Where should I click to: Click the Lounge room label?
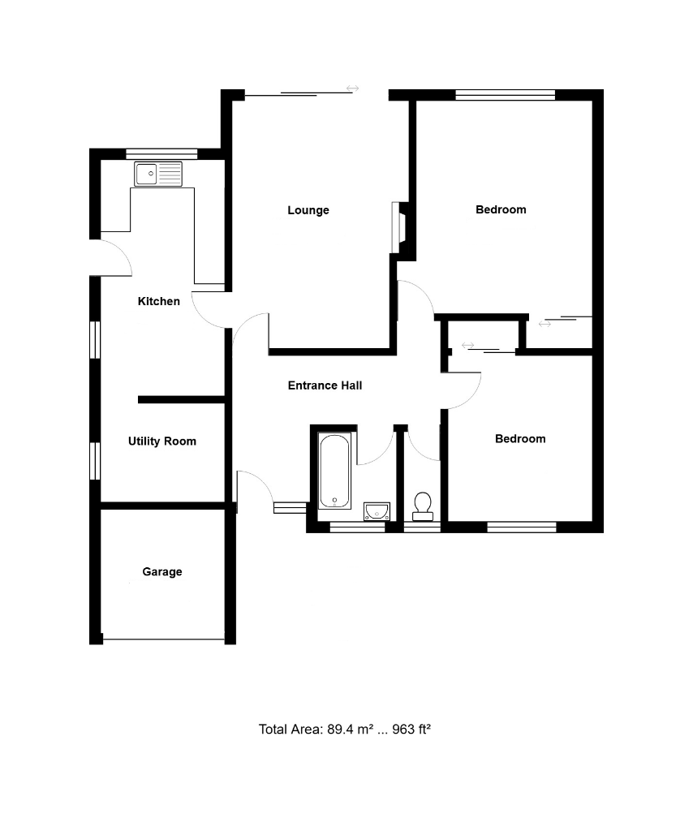[308, 210]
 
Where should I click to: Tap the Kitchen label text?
[159, 301]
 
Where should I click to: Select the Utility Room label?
[162, 441]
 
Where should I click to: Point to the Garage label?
[162, 571]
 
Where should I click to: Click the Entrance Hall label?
[325, 385]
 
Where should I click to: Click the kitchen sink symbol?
[159, 174]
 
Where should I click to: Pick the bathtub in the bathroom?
[334, 471]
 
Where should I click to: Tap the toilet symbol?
[423, 506]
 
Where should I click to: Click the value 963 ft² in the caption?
[411, 729]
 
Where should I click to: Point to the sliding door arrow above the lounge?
[353, 88]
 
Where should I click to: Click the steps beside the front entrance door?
[290, 508]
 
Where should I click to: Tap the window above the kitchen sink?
[161, 153]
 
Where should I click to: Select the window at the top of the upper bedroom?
[505, 94]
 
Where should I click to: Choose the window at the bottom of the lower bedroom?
[522, 527]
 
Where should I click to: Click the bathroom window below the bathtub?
[358, 527]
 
